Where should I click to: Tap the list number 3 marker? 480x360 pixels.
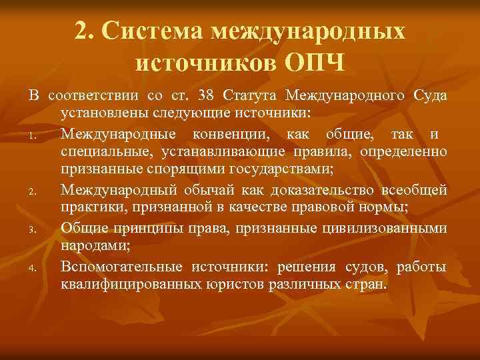click(x=33, y=229)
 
